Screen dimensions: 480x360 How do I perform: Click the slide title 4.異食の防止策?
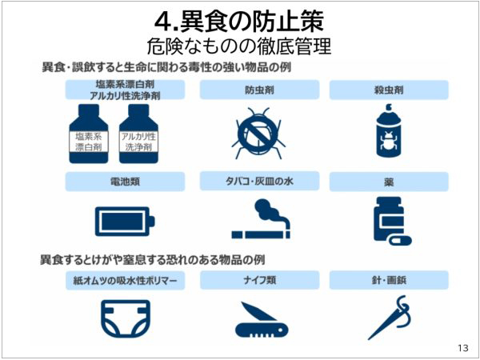[x=239, y=22]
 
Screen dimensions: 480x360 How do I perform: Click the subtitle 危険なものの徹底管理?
[x=239, y=46]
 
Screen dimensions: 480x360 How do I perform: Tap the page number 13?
[x=463, y=348]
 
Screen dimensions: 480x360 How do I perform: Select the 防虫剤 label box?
[x=259, y=90]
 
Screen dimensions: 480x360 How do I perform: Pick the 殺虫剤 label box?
[x=389, y=90]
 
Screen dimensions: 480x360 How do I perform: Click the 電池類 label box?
[x=125, y=182]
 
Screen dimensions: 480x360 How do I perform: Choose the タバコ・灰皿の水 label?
[x=259, y=182]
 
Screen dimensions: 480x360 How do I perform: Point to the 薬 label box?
[x=389, y=182]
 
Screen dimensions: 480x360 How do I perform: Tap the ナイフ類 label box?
[x=259, y=280]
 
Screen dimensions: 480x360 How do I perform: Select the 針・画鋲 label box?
[x=389, y=280]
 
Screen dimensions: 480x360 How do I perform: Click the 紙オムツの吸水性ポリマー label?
[x=126, y=280]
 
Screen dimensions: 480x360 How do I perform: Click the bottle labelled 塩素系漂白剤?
[x=89, y=134]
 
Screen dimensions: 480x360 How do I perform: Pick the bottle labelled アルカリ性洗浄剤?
[x=138, y=134]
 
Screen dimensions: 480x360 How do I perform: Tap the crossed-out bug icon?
[x=258, y=133]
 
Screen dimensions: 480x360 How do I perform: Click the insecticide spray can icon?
[x=389, y=130]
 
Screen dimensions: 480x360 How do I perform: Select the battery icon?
[x=125, y=222]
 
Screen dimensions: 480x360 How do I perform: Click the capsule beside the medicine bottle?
[x=401, y=240]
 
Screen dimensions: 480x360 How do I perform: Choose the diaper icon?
[x=126, y=318]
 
